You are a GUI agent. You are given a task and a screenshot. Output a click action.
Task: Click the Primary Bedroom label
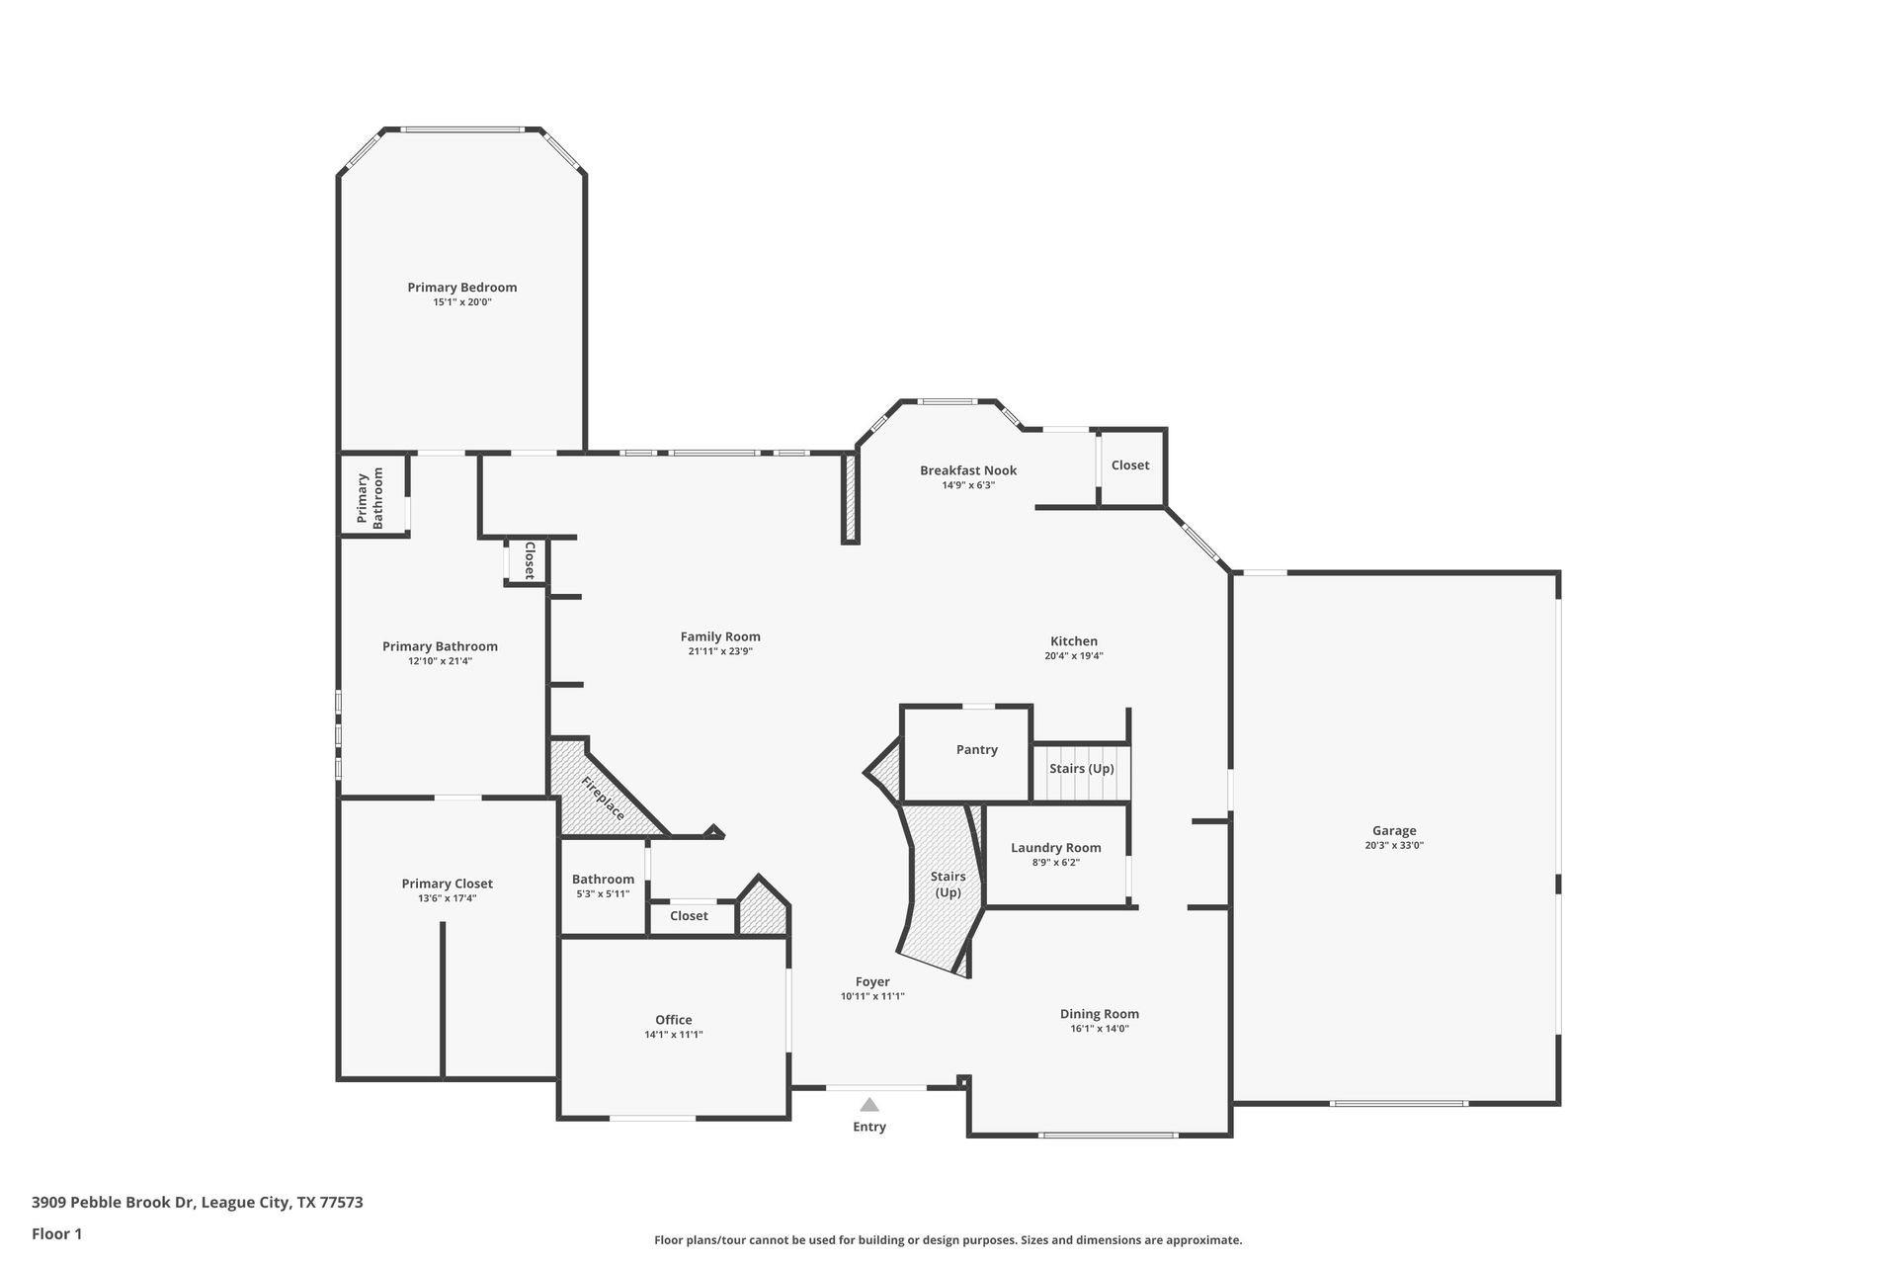[461, 288]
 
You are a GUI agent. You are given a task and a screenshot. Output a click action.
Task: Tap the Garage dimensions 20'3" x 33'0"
[1393, 846]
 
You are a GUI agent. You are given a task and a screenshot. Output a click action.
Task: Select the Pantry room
[976, 750]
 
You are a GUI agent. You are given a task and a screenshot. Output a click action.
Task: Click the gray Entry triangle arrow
[868, 1105]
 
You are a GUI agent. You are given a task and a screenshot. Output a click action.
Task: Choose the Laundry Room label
[1055, 848]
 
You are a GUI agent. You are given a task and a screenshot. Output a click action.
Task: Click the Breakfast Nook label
[967, 470]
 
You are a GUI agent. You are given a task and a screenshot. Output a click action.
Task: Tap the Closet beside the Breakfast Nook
[1130, 465]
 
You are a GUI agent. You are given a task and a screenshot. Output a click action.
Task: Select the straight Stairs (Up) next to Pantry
[1081, 770]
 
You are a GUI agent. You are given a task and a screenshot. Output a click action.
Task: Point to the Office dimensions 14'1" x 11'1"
[673, 1035]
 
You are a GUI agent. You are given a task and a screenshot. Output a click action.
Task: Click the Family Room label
[719, 637]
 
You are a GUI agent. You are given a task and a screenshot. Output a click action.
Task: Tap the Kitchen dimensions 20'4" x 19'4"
[1073, 656]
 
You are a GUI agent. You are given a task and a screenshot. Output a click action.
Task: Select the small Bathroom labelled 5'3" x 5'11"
[603, 885]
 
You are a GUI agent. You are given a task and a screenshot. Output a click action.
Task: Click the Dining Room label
[1099, 1014]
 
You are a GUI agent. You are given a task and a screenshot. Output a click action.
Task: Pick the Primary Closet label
[447, 885]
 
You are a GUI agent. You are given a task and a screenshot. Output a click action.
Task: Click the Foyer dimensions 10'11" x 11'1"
[871, 997]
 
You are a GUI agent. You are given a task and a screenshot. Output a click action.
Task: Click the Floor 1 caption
[56, 1234]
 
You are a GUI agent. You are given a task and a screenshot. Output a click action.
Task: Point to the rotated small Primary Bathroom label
[370, 499]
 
